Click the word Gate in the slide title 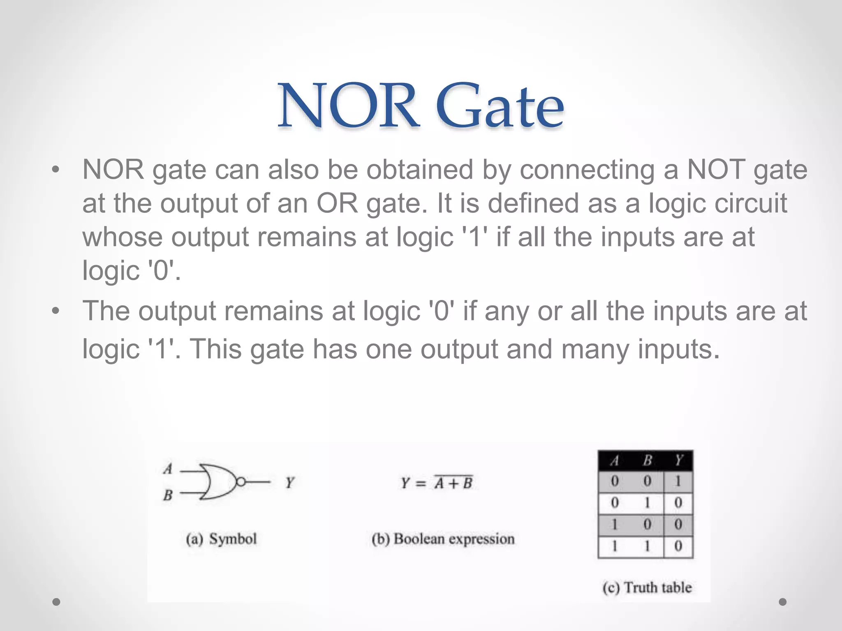pos(500,106)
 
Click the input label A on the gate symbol pos(168,469)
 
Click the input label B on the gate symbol pos(168,495)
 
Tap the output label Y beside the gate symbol pos(290,482)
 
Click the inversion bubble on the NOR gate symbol pos(241,482)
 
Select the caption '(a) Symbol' pos(221,539)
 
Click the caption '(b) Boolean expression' pos(443,539)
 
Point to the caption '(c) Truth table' pos(647,587)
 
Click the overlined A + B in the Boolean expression pos(453,483)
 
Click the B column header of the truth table pos(647,461)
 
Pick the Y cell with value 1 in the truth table pos(678,481)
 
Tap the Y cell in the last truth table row pos(678,546)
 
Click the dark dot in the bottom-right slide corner pos(783,602)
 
